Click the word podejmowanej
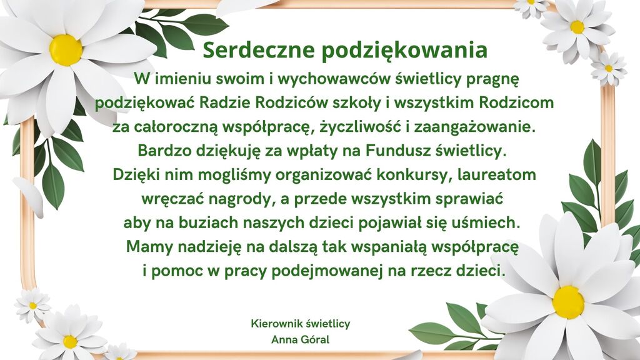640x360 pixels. pyautogui.click(x=327, y=271)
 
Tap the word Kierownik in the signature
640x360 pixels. pyautogui.click(x=275, y=324)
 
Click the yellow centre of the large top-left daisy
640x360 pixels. pyautogui.click(x=66, y=50)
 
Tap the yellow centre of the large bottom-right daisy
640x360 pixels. pyautogui.click(x=568, y=302)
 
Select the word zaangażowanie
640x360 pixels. pyautogui.click(x=475, y=127)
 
